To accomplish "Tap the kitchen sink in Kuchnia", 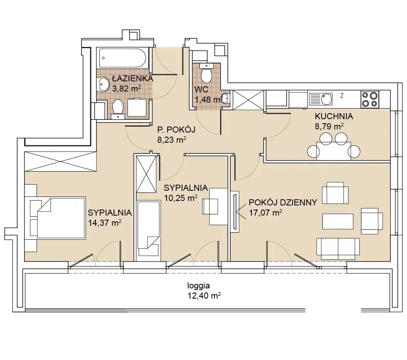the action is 321,99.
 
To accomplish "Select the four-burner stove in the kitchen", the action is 370,99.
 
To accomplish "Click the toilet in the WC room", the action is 207,73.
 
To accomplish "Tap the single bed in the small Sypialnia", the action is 148,228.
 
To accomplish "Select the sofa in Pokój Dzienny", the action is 338,249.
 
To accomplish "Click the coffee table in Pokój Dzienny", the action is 338,222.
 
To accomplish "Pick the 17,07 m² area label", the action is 265,213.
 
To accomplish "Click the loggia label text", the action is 199,286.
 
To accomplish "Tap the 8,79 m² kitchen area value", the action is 329,127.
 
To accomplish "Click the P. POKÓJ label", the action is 176,129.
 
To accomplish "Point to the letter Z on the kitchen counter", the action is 342,96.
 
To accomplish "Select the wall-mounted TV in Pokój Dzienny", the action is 235,212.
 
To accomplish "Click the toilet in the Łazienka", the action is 118,109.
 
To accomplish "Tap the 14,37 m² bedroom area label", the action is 105,223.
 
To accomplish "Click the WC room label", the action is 201,89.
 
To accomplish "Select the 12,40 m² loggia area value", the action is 204,295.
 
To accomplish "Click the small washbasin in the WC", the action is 225,98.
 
